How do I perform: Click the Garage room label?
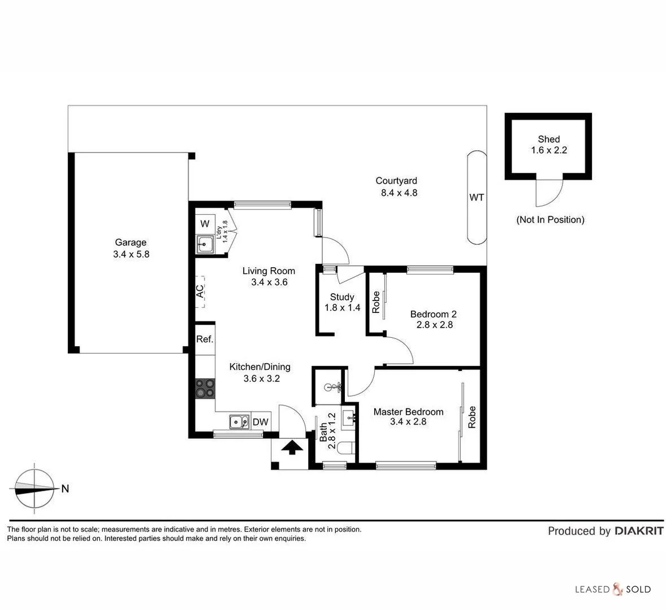[131, 243]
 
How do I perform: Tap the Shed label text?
[548, 140]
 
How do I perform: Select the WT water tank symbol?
[477, 197]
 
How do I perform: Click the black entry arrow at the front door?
[291, 448]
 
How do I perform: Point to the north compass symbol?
[35, 489]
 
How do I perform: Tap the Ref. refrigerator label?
[205, 339]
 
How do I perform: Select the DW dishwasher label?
[260, 422]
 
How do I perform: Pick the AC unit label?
[200, 291]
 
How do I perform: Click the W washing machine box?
[205, 224]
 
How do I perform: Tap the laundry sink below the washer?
[205, 245]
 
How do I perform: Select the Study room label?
[342, 297]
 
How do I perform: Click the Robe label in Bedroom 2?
[375, 302]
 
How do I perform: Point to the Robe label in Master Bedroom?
[472, 417]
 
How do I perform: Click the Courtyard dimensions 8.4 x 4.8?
[399, 193]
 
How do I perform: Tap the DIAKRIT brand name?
[639, 531]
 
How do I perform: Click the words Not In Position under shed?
[550, 220]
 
